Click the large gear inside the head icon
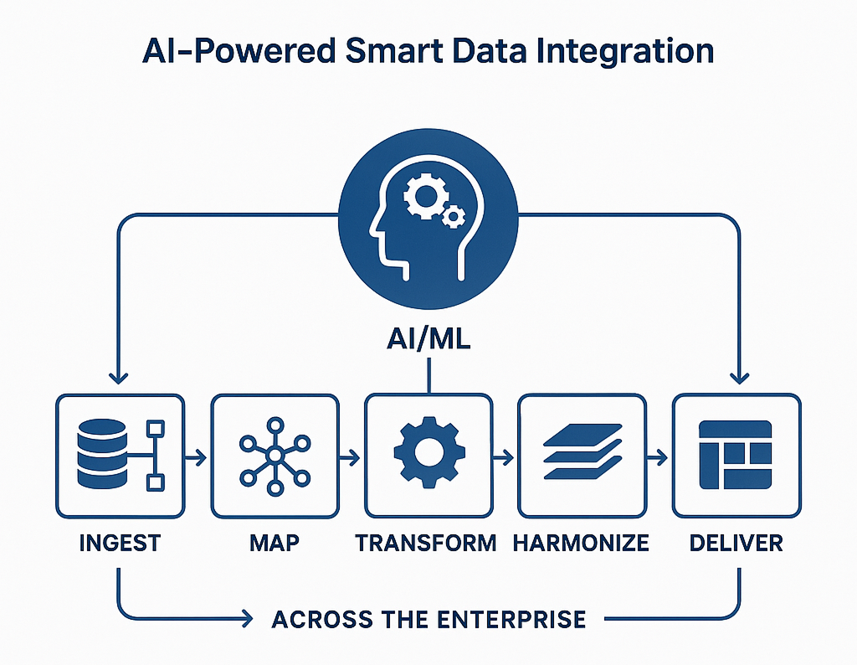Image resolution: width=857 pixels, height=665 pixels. click(422, 198)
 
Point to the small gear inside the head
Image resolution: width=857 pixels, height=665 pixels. click(454, 218)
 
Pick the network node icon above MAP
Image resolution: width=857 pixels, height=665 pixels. click(275, 456)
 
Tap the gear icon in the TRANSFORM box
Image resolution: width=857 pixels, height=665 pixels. click(428, 456)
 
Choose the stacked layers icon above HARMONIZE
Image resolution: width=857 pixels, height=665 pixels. click(582, 456)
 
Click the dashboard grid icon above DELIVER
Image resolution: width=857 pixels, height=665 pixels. click(736, 456)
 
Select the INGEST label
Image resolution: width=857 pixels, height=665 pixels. click(119, 543)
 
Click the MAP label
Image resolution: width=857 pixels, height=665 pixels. click(275, 543)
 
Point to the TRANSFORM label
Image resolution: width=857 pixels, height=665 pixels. click(428, 543)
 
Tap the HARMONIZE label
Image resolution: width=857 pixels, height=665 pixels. click(581, 543)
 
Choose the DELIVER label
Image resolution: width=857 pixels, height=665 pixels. click(736, 543)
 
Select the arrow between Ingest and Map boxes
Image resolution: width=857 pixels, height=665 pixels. click(197, 457)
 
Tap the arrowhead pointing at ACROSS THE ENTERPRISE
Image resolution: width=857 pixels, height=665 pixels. click(246, 620)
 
